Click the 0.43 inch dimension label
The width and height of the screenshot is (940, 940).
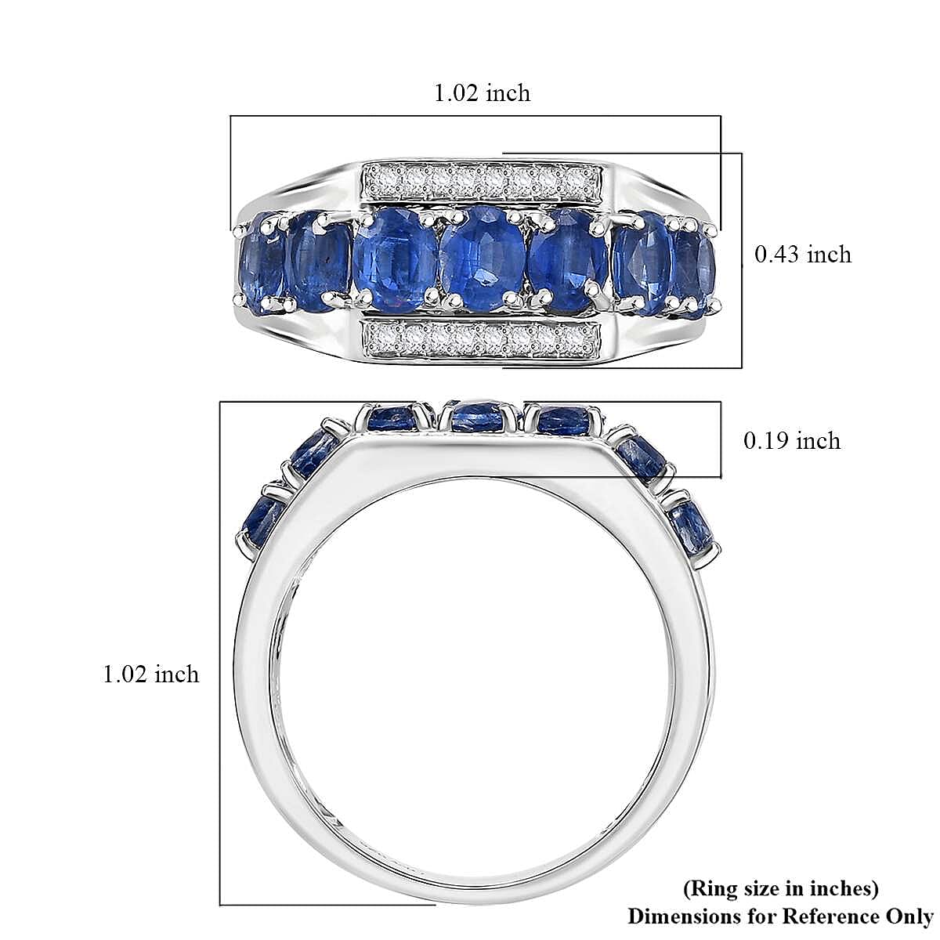tap(802, 255)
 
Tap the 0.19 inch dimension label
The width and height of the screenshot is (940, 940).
tap(792, 441)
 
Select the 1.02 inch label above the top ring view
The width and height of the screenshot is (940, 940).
tap(482, 92)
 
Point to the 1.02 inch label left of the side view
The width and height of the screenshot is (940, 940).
tap(150, 674)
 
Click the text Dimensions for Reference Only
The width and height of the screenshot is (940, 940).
tap(780, 916)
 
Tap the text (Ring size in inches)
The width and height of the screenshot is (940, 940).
tap(780, 888)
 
